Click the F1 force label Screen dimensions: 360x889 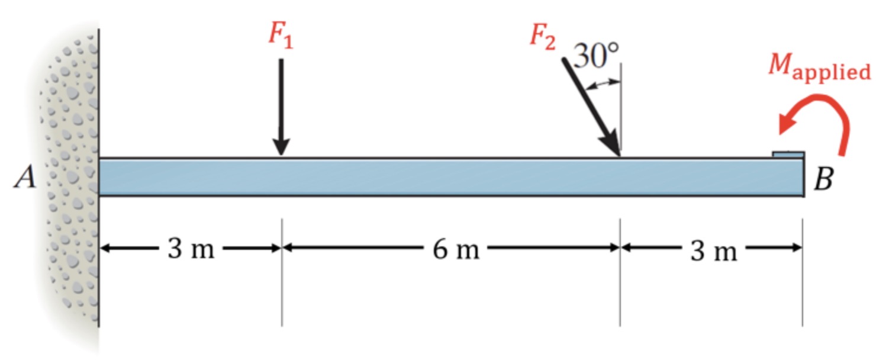pyautogui.click(x=281, y=36)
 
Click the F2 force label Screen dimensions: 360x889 pyautogui.click(x=542, y=37)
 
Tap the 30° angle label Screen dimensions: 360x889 pyautogui.click(x=596, y=57)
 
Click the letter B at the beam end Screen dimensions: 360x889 pyautogui.click(x=823, y=180)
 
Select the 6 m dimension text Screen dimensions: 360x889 pyautogui.click(x=455, y=250)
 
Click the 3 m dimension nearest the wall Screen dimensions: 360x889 pyautogui.click(x=190, y=249)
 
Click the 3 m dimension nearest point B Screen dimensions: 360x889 pyautogui.click(x=713, y=252)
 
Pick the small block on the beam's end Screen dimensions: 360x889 pyautogui.click(x=788, y=155)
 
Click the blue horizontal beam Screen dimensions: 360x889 pyautogui.click(x=450, y=177)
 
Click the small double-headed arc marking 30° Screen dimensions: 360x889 pyautogui.click(x=602, y=84)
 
